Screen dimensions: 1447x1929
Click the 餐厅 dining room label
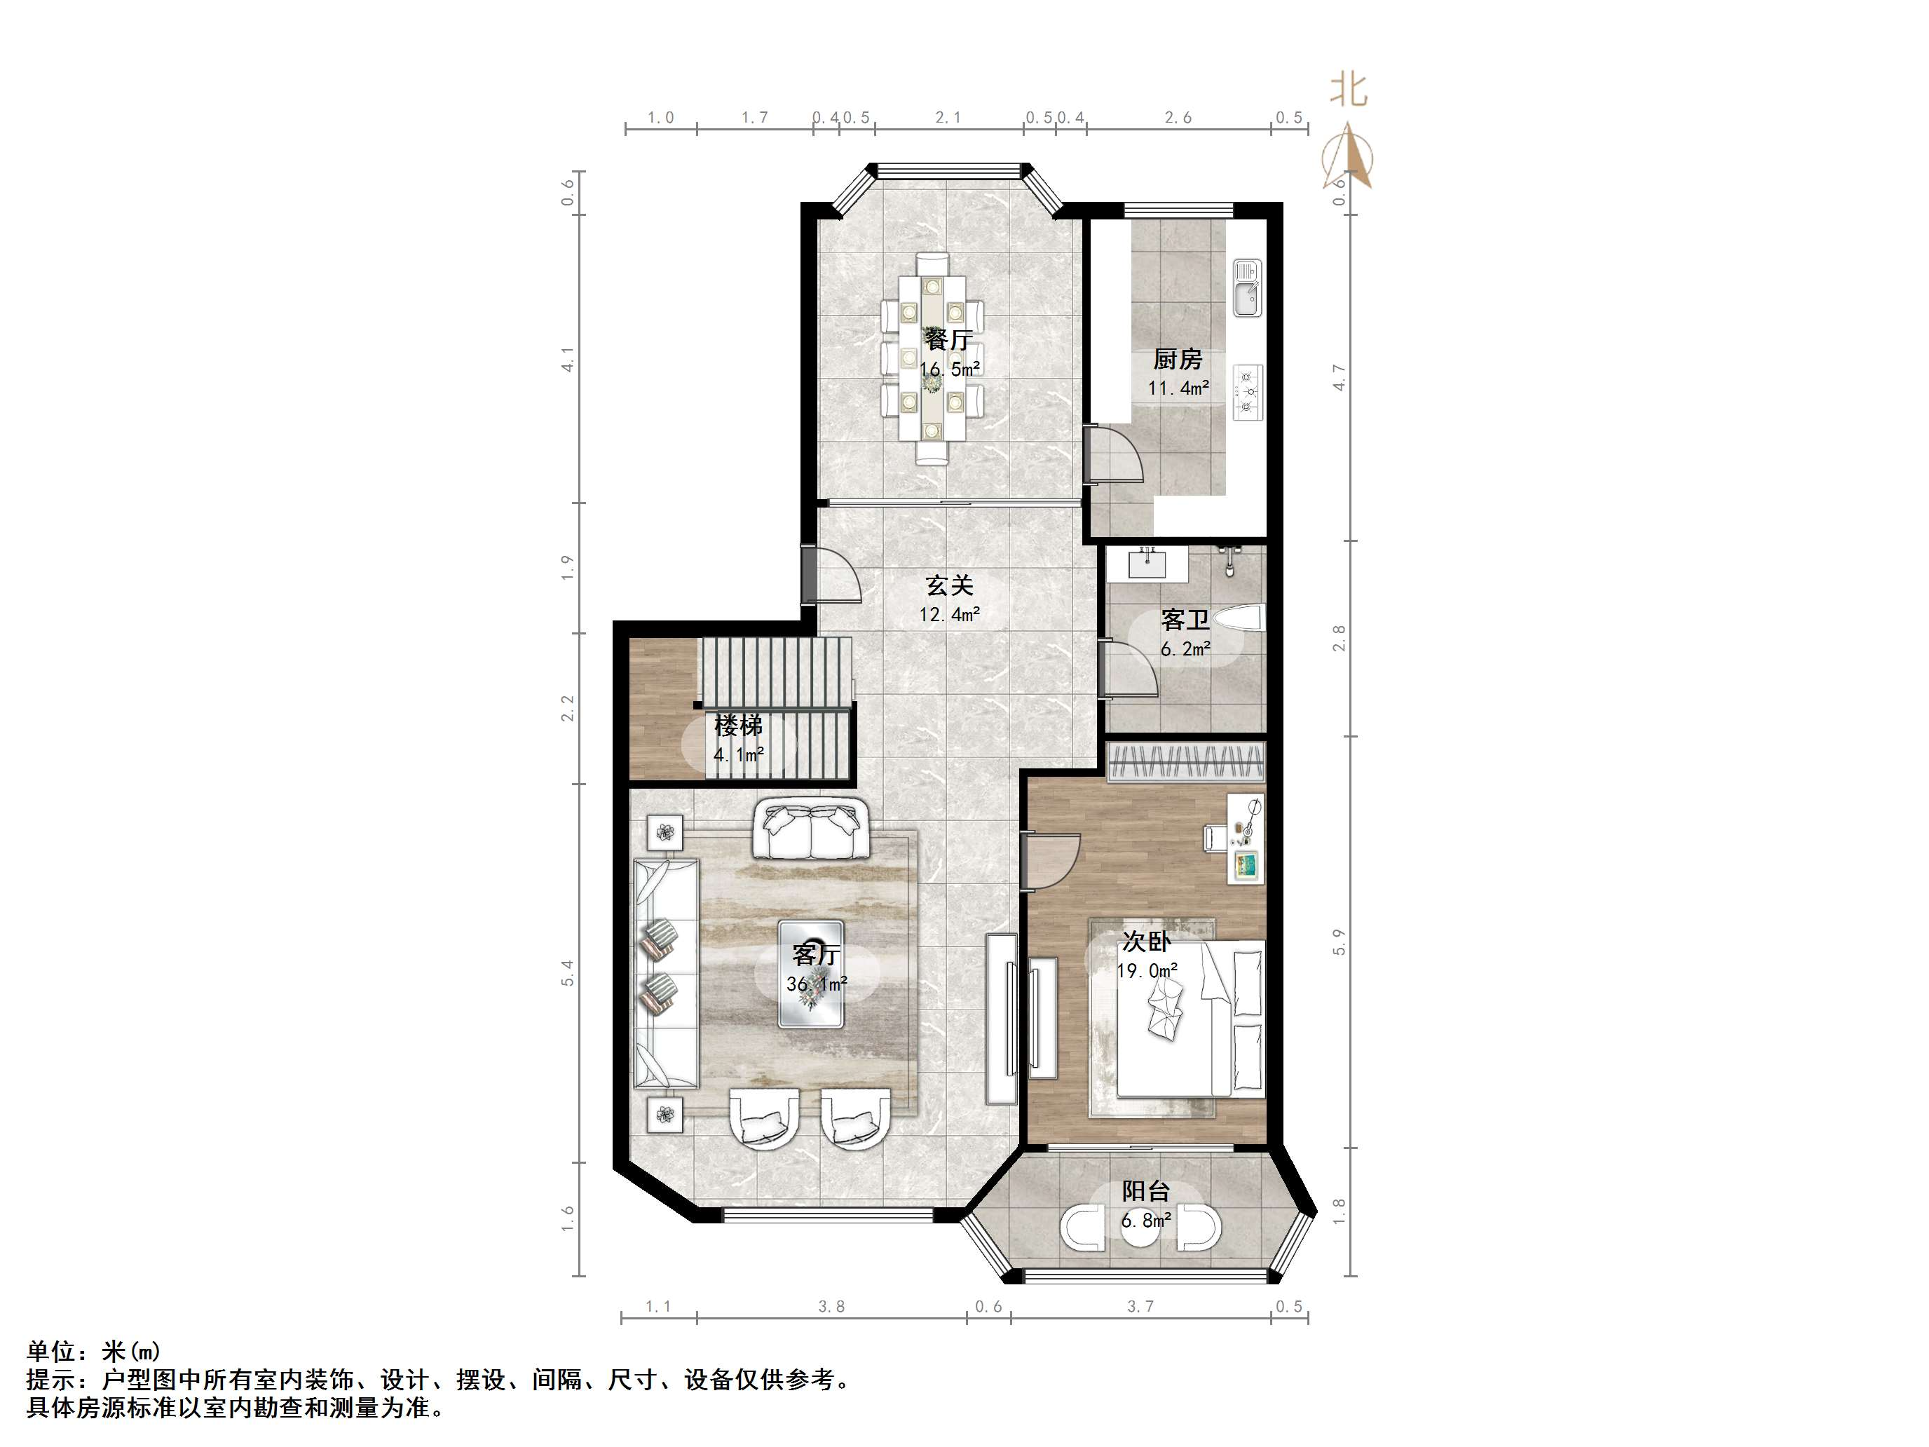(x=949, y=339)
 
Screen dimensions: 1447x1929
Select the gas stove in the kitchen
(x=1248, y=392)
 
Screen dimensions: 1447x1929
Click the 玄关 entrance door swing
(x=833, y=576)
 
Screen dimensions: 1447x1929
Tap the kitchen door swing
(x=1115, y=454)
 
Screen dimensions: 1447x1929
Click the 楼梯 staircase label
(x=739, y=725)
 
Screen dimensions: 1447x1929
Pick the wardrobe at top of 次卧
(x=1186, y=762)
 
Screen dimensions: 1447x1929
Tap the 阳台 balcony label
(x=1146, y=1191)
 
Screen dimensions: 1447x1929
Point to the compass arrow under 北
(x=1349, y=157)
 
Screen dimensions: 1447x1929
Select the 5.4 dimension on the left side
(x=568, y=972)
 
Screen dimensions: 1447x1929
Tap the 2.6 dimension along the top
(x=1178, y=118)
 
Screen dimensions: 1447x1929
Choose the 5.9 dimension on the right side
(x=1339, y=942)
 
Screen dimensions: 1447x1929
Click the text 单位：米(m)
(x=93, y=1352)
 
